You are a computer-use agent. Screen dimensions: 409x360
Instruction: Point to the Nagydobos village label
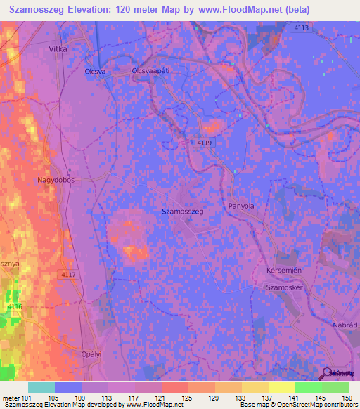click(56, 180)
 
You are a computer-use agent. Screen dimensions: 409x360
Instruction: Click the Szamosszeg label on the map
click(182, 211)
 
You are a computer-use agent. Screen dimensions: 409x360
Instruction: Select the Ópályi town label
click(92, 355)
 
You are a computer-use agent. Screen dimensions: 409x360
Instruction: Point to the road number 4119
click(205, 143)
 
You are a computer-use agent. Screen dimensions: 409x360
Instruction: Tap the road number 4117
click(68, 274)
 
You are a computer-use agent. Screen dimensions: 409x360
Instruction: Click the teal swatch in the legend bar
click(41, 387)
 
